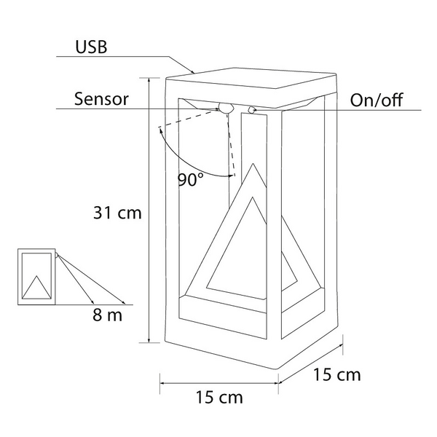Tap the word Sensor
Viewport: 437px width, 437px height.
point(101,99)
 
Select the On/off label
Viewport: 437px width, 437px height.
point(376,100)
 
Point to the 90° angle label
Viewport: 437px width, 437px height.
point(191,180)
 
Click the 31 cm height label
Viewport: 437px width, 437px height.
point(117,213)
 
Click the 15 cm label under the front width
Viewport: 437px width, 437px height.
point(219,398)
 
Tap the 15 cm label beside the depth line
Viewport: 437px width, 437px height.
point(336,375)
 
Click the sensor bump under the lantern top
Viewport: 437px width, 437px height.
point(227,109)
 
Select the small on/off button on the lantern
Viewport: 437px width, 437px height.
point(252,110)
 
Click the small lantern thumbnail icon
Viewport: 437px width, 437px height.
point(36,277)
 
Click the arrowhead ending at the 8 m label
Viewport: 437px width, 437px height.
point(125,302)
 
